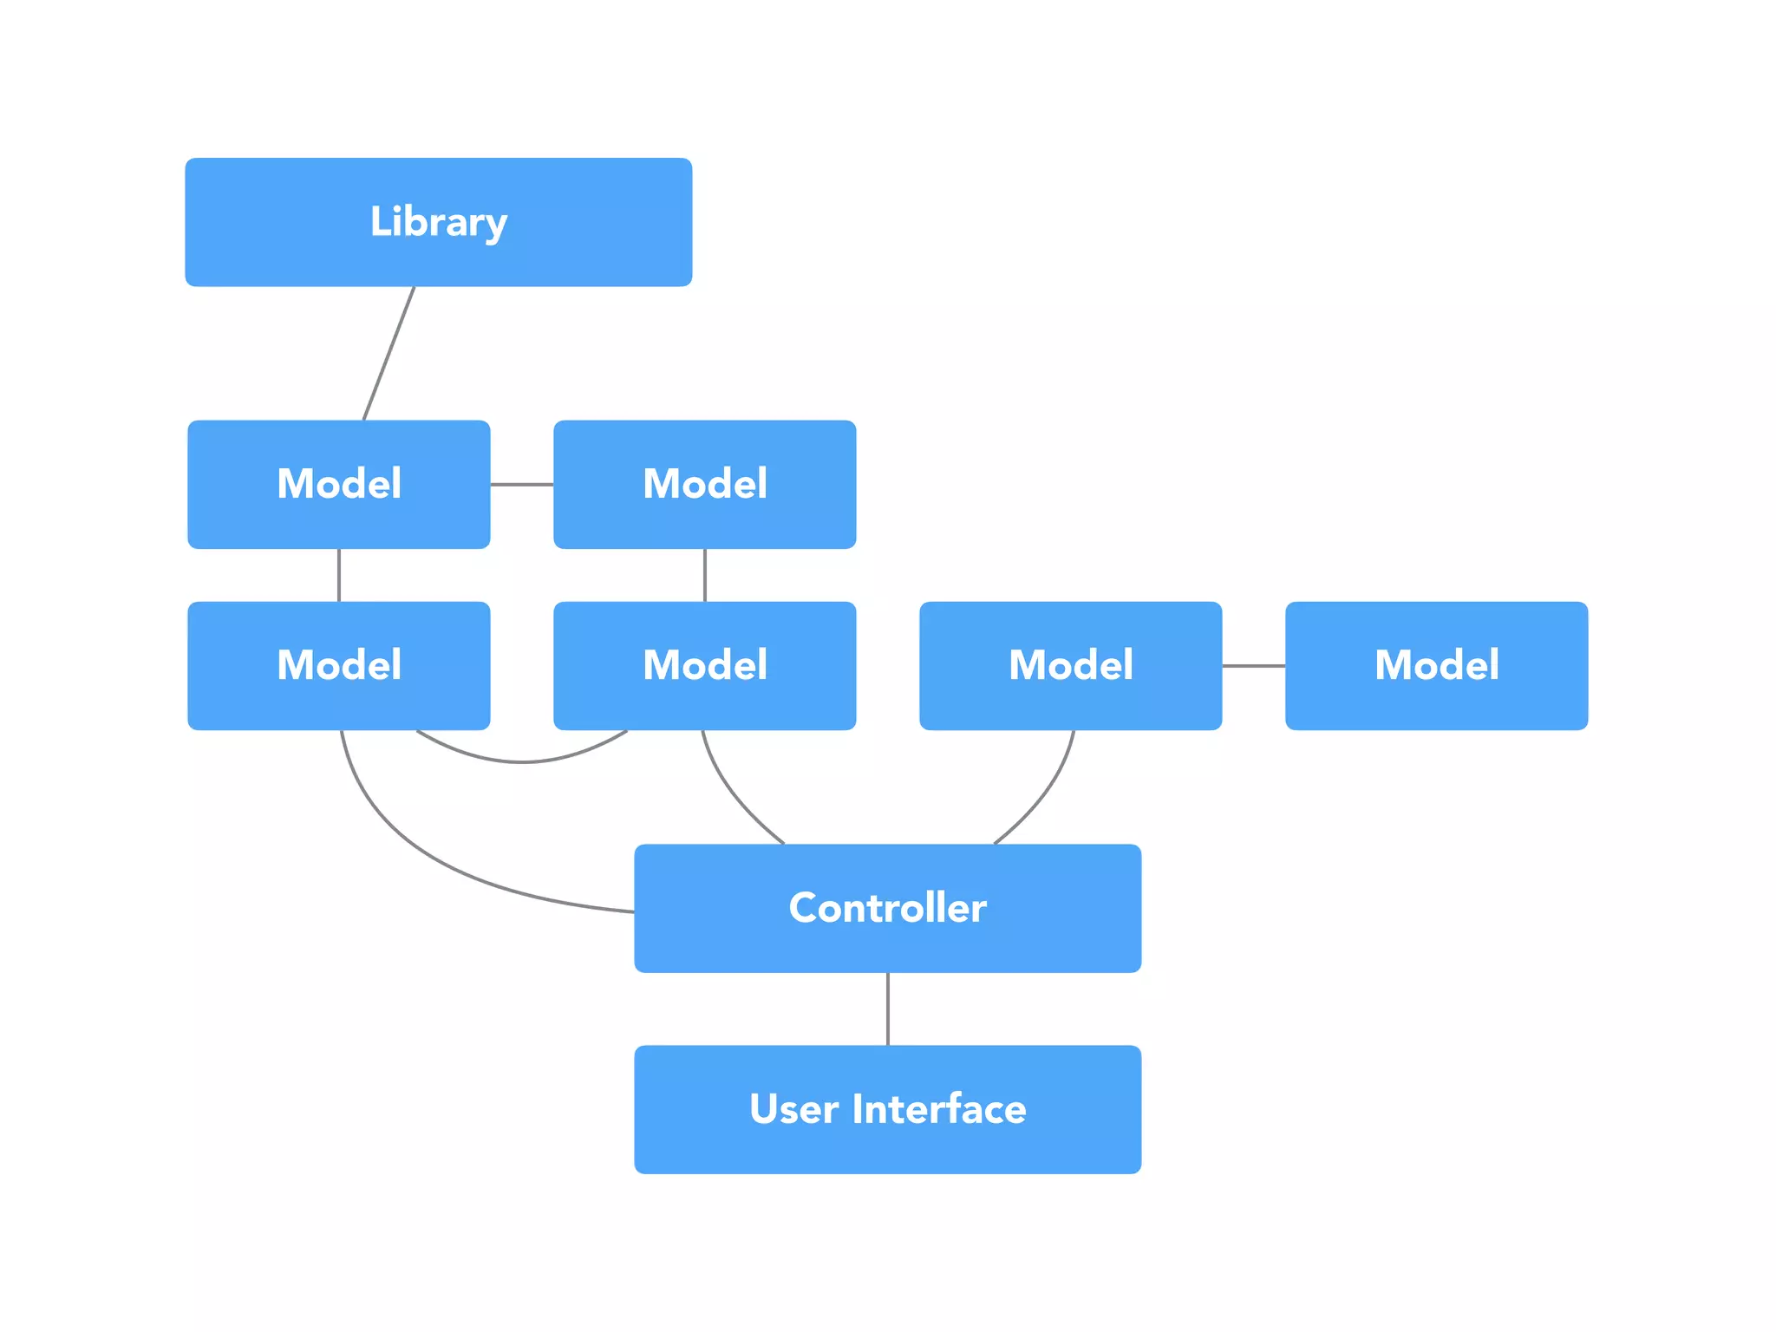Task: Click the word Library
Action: (x=438, y=222)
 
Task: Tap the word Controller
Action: (x=887, y=908)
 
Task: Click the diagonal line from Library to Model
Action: (x=388, y=354)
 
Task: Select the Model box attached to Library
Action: (x=338, y=484)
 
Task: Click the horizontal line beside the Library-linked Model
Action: (x=521, y=484)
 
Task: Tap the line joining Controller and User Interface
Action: (x=887, y=1009)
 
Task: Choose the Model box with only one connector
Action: (x=1436, y=665)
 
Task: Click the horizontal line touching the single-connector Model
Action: (x=1253, y=665)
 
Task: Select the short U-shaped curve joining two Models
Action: (x=521, y=761)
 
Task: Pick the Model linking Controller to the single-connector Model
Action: (x=1070, y=665)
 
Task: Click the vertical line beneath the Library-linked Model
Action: (x=338, y=575)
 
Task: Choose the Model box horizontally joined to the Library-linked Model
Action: (x=704, y=484)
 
